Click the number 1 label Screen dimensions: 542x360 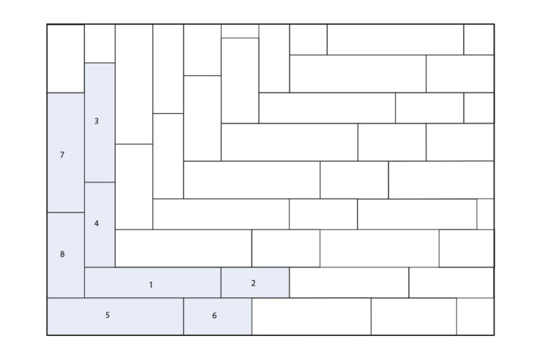(x=151, y=285)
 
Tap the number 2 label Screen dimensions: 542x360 (x=253, y=283)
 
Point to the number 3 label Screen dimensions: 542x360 (x=97, y=121)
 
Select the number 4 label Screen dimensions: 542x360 (x=97, y=223)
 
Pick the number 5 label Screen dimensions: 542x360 (x=108, y=315)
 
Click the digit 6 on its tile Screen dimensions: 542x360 (x=214, y=316)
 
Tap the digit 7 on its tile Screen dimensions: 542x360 (x=62, y=155)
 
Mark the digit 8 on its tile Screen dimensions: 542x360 (x=62, y=254)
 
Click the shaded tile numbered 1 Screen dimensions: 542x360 (x=153, y=282)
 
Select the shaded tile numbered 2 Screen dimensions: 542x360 (x=255, y=282)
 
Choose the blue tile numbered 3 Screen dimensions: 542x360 (x=100, y=122)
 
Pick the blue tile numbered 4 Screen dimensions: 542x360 (x=100, y=225)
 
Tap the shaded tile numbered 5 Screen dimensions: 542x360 (x=115, y=316)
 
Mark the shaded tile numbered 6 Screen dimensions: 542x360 (x=218, y=316)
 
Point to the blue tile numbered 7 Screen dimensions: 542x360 (x=66, y=153)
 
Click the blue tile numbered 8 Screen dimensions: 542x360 (x=66, y=255)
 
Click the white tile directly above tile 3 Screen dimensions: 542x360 (x=100, y=44)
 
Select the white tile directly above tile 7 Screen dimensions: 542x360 (x=66, y=58)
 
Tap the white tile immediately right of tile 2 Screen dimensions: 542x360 (x=349, y=282)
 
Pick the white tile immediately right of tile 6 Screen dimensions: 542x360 (x=312, y=316)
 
